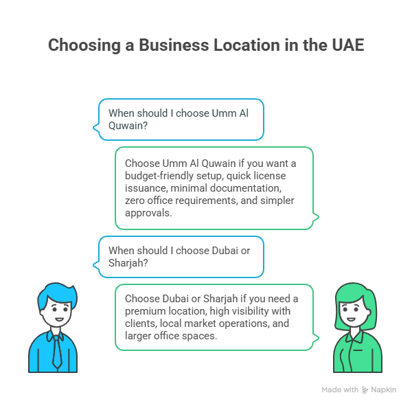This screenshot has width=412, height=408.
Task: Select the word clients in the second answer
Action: (140, 323)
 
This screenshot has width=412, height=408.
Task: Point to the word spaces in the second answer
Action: (202, 335)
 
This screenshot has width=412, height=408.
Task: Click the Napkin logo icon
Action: (365, 390)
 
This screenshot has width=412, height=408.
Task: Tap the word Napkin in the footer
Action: (384, 390)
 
